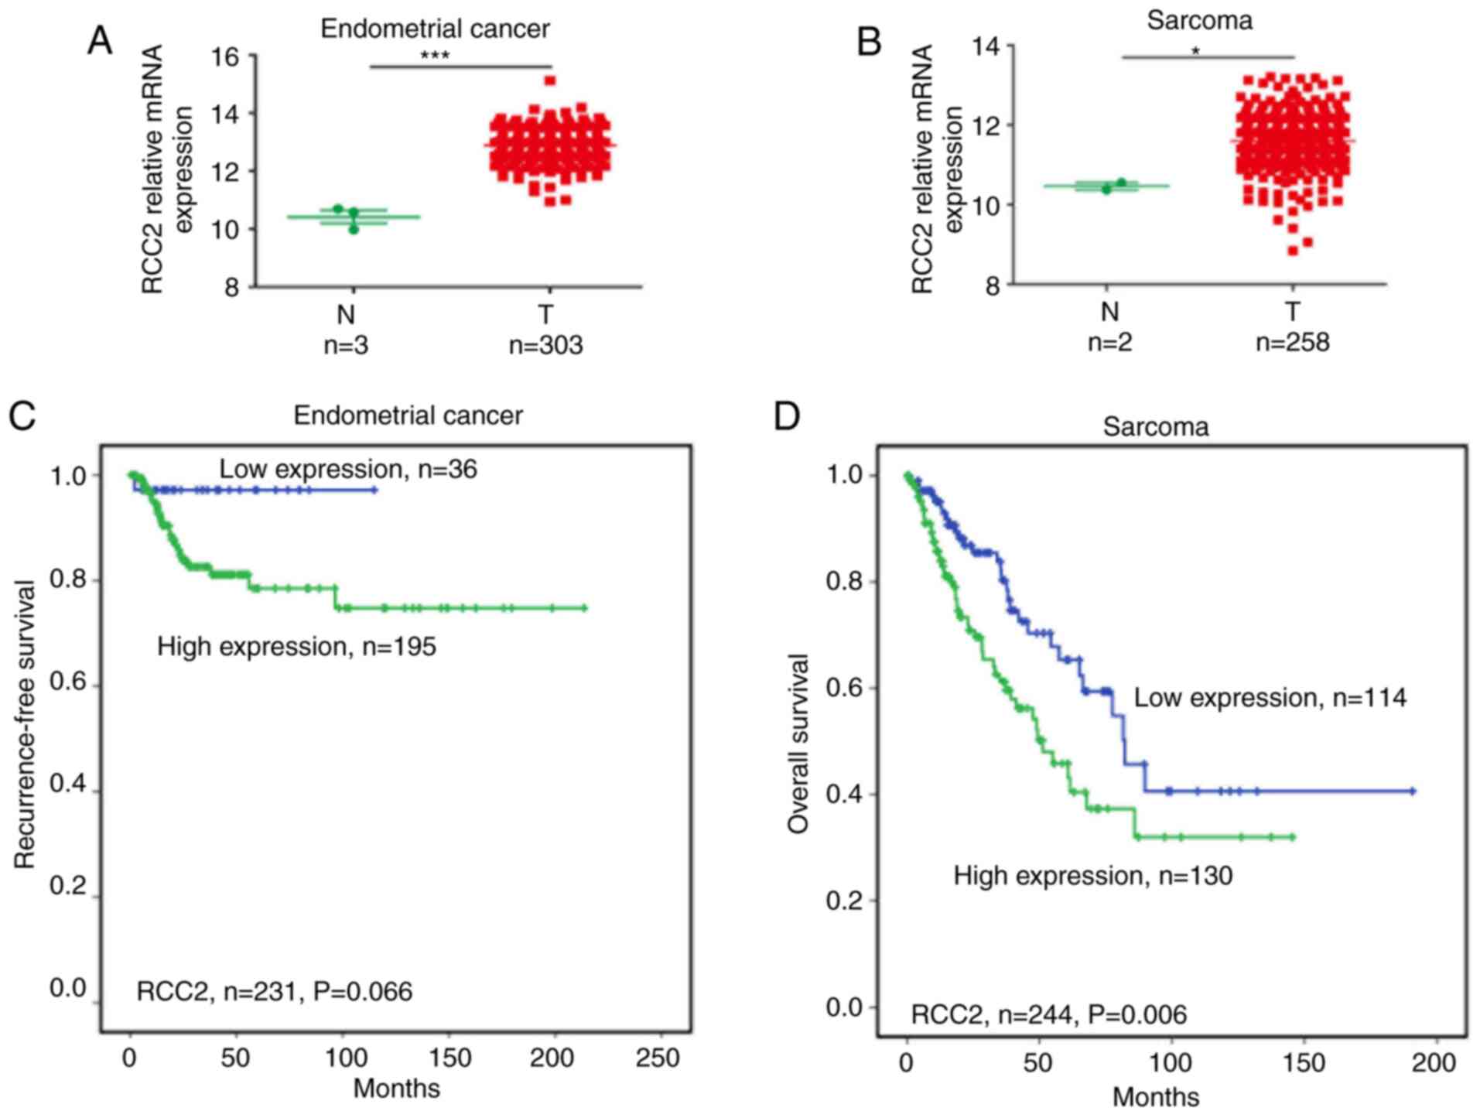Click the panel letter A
[100, 41]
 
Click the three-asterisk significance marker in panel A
[435, 56]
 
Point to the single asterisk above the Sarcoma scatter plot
[1196, 51]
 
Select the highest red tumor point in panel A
[550, 80]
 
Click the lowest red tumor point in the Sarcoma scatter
[1292, 251]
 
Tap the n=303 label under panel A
[545, 345]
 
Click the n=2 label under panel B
[1109, 341]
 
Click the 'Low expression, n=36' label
[348, 469]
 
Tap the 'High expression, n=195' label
[296, 646]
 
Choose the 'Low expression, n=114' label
[1270, 698]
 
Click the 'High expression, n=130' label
[1092, 876]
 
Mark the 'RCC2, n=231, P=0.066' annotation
[275, 991]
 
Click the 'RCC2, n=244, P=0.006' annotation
[1048, 1014]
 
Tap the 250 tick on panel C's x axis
[658, 1058]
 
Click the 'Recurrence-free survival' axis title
[25, 724]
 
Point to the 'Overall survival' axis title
[797, 743]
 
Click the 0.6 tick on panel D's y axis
[844, 688]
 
